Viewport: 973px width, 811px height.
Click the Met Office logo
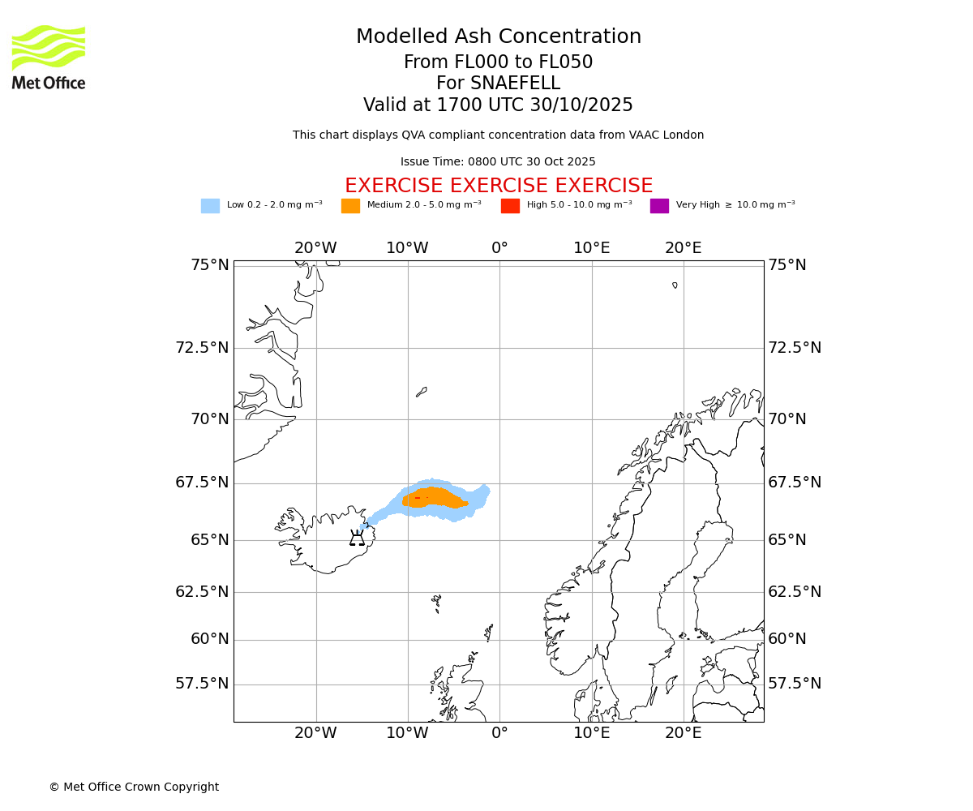pyautogui.click(x=49, y=57)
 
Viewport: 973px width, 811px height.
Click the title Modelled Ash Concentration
pyautogui.click(x=498, y=36)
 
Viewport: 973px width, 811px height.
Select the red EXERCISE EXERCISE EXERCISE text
pyautogui.click(x=498, y=186)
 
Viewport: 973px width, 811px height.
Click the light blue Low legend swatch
pyautogui.click(x=210, y=206)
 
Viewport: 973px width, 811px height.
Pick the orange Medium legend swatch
pyautogui.click(x=350, y=206)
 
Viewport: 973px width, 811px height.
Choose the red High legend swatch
pyautogui.click(x=510, y=206)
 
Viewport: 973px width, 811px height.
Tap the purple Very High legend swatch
pyautogui.click(x=659, y=206)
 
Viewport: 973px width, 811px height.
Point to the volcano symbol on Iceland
pyautogui.click(x=357, y=539)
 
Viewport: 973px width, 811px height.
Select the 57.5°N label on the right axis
pyautogui.click(x=795, y=684)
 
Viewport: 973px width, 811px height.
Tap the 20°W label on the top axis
pyautogui.click(x=315, y=248)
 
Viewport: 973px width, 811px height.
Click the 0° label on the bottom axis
pyautogui.click(x=499, y=733)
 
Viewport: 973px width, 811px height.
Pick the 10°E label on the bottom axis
pyautogui.click(x=592, y=733)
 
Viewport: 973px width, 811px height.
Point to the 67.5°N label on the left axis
pyautogui.click(x=202, y=483)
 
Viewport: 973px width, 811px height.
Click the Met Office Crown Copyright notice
pyautogui.click(x=134, y=787)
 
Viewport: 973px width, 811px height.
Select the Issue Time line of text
pyautogui.click(x=498, y=161)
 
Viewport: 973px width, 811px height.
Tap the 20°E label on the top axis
pyautogui.click(x=684, y=248)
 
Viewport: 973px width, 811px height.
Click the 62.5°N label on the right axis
pyautogui.click(x=795, y=592)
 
